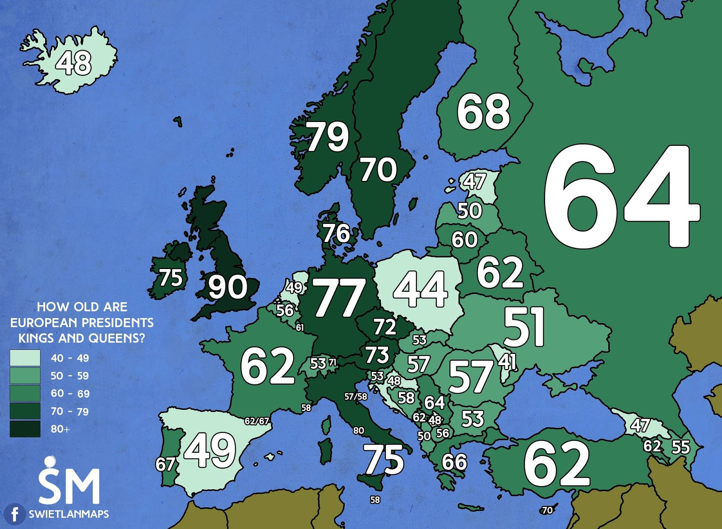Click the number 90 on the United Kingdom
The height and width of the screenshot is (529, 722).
click(x=227, y=287)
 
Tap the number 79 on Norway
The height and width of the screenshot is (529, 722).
click(x=328, y=136)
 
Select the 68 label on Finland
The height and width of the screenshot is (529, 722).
click(x=483, y=111)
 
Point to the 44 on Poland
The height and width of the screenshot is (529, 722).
click(x=421, y=289)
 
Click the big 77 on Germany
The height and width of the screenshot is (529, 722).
click(x=339, y=297)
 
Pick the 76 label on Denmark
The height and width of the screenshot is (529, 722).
click(x=336, y=233)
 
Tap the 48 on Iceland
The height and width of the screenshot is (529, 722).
click(x=74, y=63)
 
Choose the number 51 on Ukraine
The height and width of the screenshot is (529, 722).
click(x=524, y=327)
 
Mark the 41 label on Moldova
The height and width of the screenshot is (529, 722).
click(x=507, y=361)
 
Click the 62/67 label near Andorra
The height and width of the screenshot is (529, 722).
click(x=257, y=421)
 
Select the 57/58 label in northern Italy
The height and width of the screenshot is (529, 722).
click(x=356, y=397)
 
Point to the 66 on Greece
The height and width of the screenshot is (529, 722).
click(x=454, y=462)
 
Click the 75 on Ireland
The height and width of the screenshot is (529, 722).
click(x=171, y=278)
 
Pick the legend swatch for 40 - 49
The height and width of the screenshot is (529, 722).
click(x=25, y=358)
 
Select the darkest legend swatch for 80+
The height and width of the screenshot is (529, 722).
click(x=25, y=429)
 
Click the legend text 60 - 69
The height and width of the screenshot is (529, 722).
click(x=70, y=394)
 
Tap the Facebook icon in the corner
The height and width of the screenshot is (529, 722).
click(x=15, y=514)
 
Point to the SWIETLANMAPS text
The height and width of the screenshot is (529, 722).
click(x=69, y=514)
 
